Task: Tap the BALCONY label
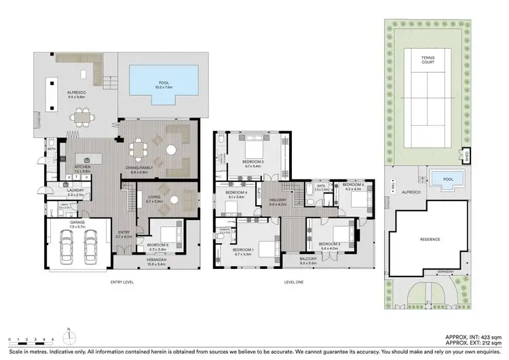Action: click(308, 259)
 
